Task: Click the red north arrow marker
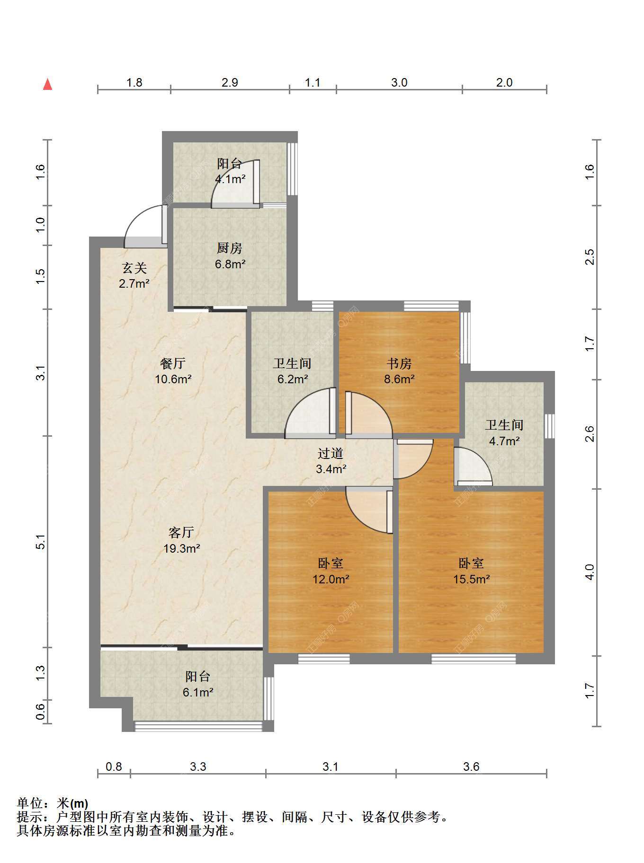tap(47, 84)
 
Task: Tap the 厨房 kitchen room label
tap(230, 248)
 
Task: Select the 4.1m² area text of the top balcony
tap(230, 179)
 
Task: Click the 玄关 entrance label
tap(134, 268)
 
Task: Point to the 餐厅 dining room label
tap(173, 363)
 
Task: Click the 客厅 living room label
tap(181, 533)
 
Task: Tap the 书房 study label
tap(399, 363)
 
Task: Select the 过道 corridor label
tap(331, 453)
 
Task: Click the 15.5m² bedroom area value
tap(472, 579)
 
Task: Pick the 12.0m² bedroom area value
tap(331, 579)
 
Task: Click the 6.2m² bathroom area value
tap(293, 379)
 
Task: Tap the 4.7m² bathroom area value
tap(505, 441)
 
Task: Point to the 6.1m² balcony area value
tap(198, 693)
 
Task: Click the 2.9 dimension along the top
tap(230, 83)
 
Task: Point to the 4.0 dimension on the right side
tap(590, 572)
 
